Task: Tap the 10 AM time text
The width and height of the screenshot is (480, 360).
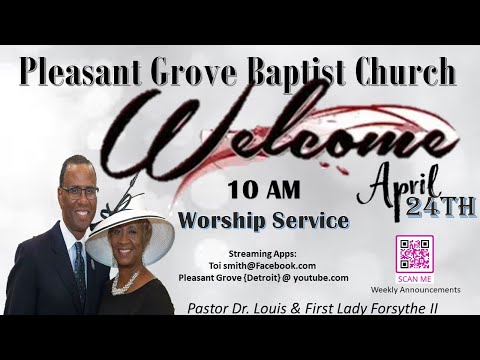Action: (x=262, y=189)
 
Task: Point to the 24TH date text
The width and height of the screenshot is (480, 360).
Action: (x=441, y=207)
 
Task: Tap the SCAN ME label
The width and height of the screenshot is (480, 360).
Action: (x=414, y=279)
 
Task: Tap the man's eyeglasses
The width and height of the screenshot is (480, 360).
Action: (x=80, y=191)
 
